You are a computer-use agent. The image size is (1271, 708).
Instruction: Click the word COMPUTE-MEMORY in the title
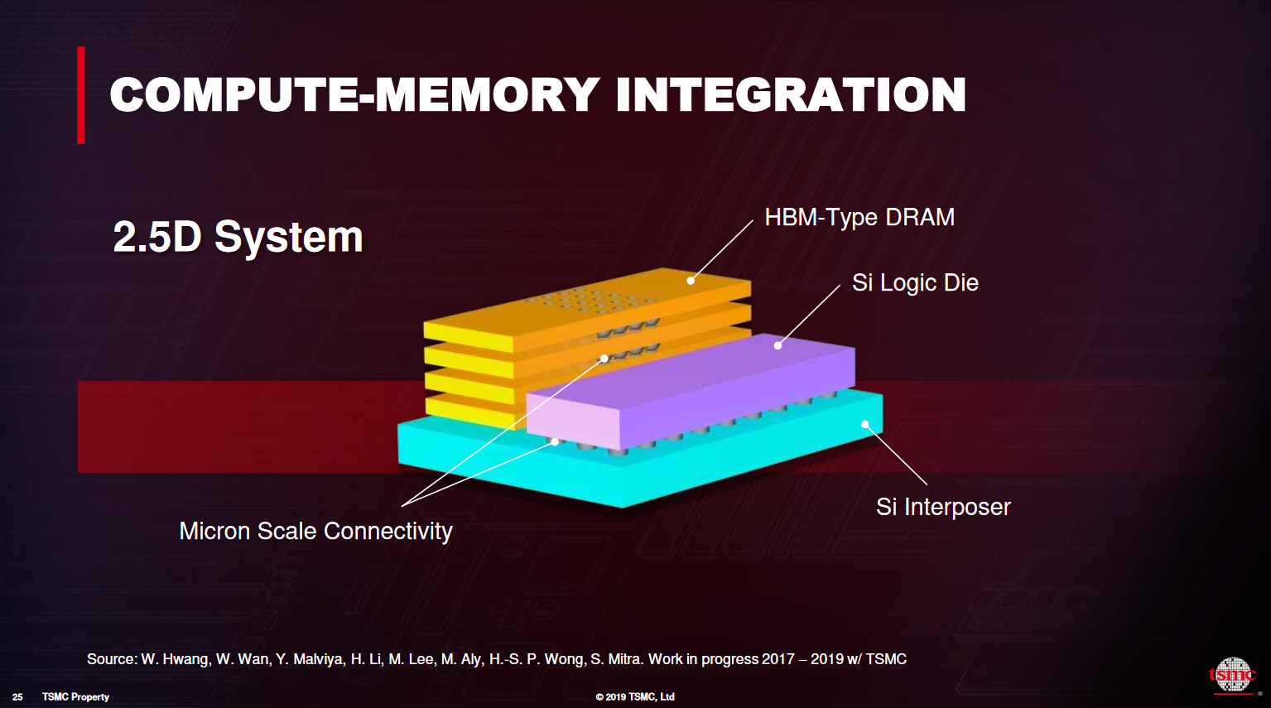(354, 94)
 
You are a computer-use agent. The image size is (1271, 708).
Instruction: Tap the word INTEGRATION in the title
(791, 94)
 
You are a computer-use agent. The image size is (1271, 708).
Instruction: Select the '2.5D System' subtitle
(238, 237)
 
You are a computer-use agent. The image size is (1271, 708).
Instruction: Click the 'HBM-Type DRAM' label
(859, 217)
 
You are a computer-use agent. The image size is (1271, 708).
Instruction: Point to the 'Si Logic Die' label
(915, 282)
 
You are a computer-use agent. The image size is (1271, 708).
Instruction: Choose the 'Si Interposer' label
(943, 507)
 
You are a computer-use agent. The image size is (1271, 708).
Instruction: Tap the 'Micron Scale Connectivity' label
(315, 531)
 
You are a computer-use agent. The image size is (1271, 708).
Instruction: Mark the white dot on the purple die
(778, 345)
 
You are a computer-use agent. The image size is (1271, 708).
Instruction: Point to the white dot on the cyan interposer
(864, 425)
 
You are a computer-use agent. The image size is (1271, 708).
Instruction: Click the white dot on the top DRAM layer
(691, 281)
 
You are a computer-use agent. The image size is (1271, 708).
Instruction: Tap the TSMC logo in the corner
(1232, 676)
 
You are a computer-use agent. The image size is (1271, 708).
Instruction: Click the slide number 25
(17, 697)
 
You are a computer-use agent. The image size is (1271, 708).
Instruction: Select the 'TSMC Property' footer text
(75, 697)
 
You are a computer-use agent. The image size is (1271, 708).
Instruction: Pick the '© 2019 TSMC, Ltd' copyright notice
(635, 697)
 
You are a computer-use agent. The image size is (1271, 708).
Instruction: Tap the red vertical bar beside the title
(81, 94)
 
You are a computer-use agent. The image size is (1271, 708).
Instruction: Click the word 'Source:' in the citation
(112, 659)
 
